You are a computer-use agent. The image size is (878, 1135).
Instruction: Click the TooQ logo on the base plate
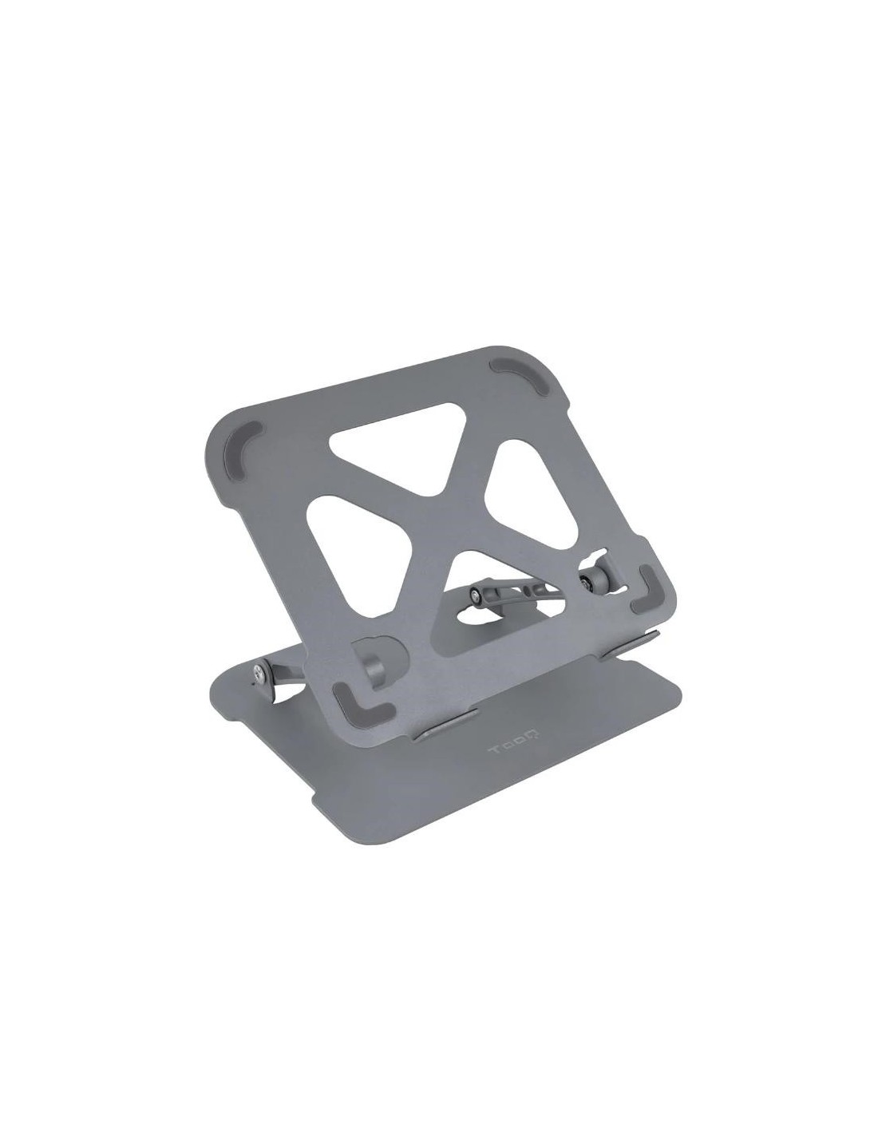(x=515, y=740)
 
